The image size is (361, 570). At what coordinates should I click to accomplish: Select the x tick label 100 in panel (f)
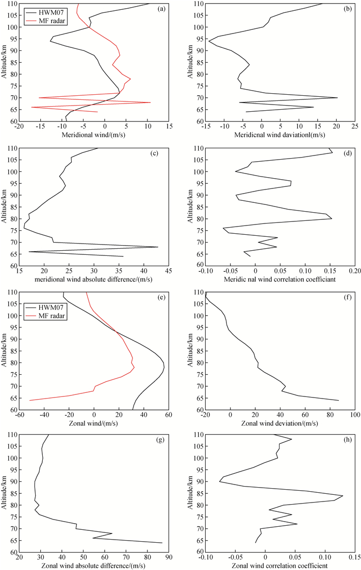tap(354, 416)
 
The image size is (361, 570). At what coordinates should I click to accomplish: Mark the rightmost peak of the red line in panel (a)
tap(150, 102)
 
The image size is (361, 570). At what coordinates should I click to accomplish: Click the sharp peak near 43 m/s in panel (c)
tap(158, 247)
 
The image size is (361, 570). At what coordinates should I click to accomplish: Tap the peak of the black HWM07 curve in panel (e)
tap(164, 366)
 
